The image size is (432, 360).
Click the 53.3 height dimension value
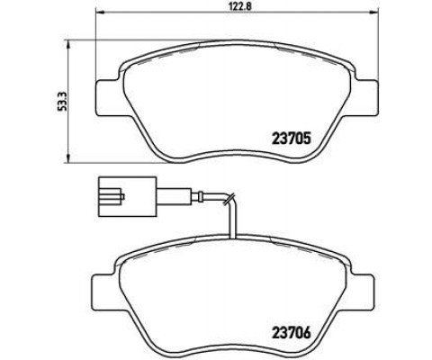click(x=62, y=102)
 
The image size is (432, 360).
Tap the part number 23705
click(x=291, y=139)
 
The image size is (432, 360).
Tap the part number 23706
click(x=291, y=333)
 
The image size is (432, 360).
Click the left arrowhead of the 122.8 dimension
click(x=99, y=12)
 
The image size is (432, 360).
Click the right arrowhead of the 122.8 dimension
click(x=373, y=12)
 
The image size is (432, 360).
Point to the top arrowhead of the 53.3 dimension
click(x=68, y=44)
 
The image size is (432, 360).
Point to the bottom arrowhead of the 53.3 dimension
click(x=68, y=159)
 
